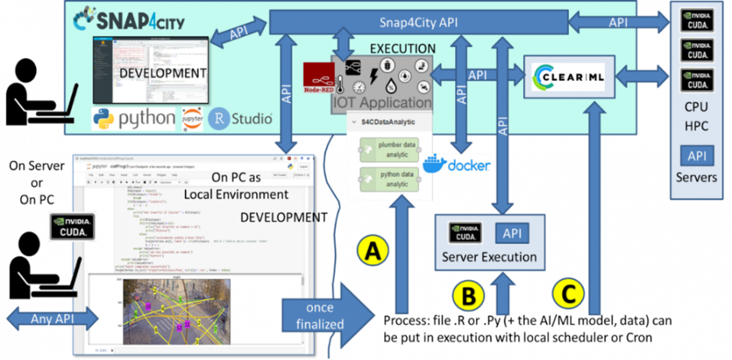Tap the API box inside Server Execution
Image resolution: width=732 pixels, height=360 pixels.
(512, 233)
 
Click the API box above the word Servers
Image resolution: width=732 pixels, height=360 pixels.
(696, 156)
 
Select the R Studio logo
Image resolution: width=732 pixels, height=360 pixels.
(240, 118)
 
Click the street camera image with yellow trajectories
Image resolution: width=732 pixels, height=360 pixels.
(177, 311)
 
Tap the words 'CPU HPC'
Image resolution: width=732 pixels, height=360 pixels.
(696, 116)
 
